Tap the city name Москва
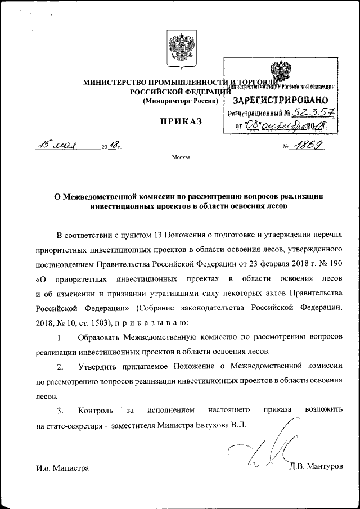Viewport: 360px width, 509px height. tap(181, 157)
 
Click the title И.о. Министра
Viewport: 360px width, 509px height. tap(62, 467)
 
